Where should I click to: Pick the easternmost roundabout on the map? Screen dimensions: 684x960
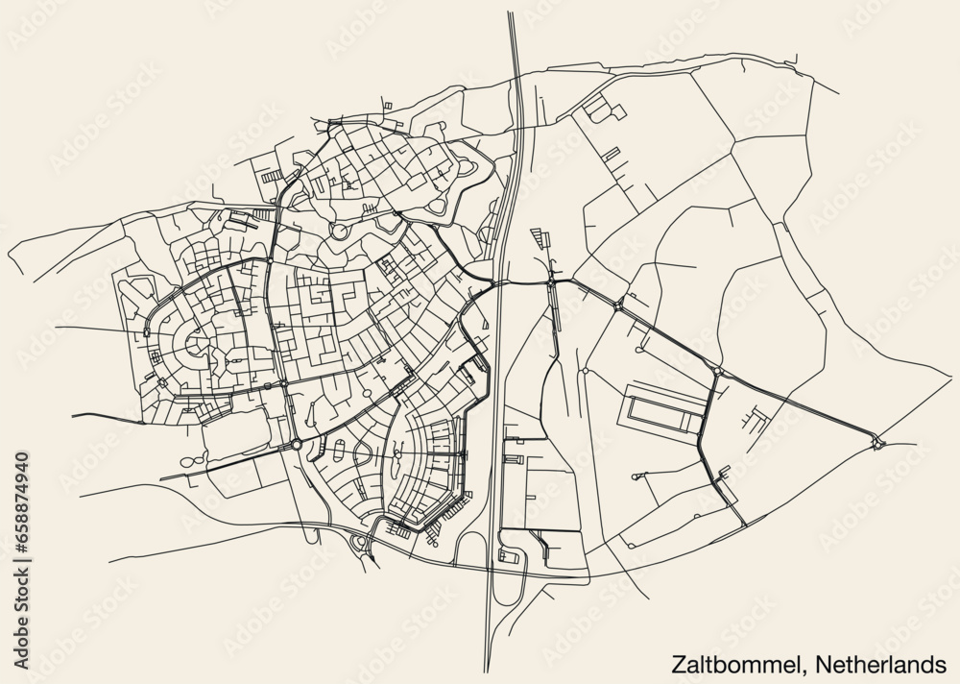coord(876,443)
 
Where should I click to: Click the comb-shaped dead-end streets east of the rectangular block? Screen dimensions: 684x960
coord(755,418)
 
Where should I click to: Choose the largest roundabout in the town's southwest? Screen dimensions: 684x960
coord(297,444)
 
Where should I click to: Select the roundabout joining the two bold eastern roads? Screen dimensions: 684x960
coord(717,370)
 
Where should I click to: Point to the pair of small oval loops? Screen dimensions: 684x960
coord(192,460)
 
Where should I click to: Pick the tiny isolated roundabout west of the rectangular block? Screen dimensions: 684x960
coord(584,370)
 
